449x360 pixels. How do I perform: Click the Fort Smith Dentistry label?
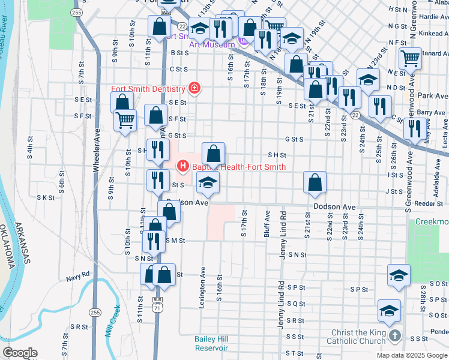(x=148, y=89)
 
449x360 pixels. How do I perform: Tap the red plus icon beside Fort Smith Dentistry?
(x=194, y=89)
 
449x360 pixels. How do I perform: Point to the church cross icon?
(x=394, y=335)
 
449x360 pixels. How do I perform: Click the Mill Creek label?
(x=113, y=320)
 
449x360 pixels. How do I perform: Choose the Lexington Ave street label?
(x=203, y=284)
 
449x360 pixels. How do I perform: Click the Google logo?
(x=20, y=353)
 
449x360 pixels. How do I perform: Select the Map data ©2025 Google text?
(x=412, y=355)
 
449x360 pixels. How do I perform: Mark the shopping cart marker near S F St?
(x=125, y=120)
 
